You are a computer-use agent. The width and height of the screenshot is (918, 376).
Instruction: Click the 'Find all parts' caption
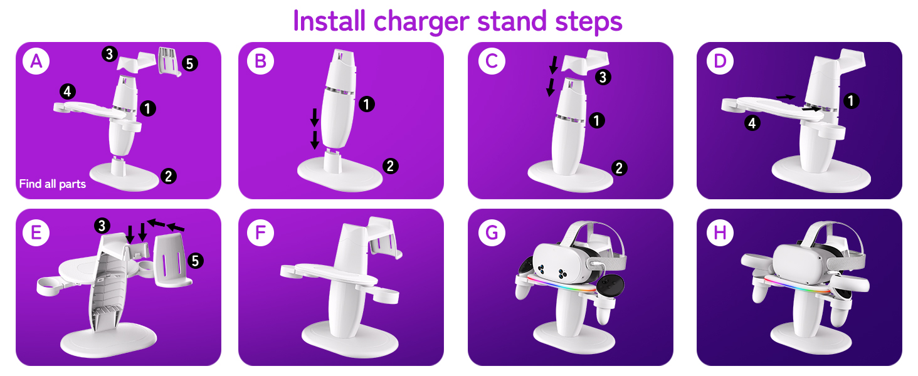coord(53,184)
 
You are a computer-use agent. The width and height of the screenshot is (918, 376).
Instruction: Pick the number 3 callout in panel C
coord(603,78)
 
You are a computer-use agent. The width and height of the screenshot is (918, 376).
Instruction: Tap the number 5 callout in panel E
coord(196,261)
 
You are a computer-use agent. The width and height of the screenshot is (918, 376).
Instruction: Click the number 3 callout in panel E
coord(102,225)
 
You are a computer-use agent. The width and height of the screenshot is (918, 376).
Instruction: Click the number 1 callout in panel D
coord(851,100)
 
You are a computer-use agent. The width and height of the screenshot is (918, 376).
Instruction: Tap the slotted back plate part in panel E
coord(171,258)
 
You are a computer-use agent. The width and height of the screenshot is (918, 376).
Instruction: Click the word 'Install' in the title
coord(330,21)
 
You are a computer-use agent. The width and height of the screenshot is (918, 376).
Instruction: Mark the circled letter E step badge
coord(36,232)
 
